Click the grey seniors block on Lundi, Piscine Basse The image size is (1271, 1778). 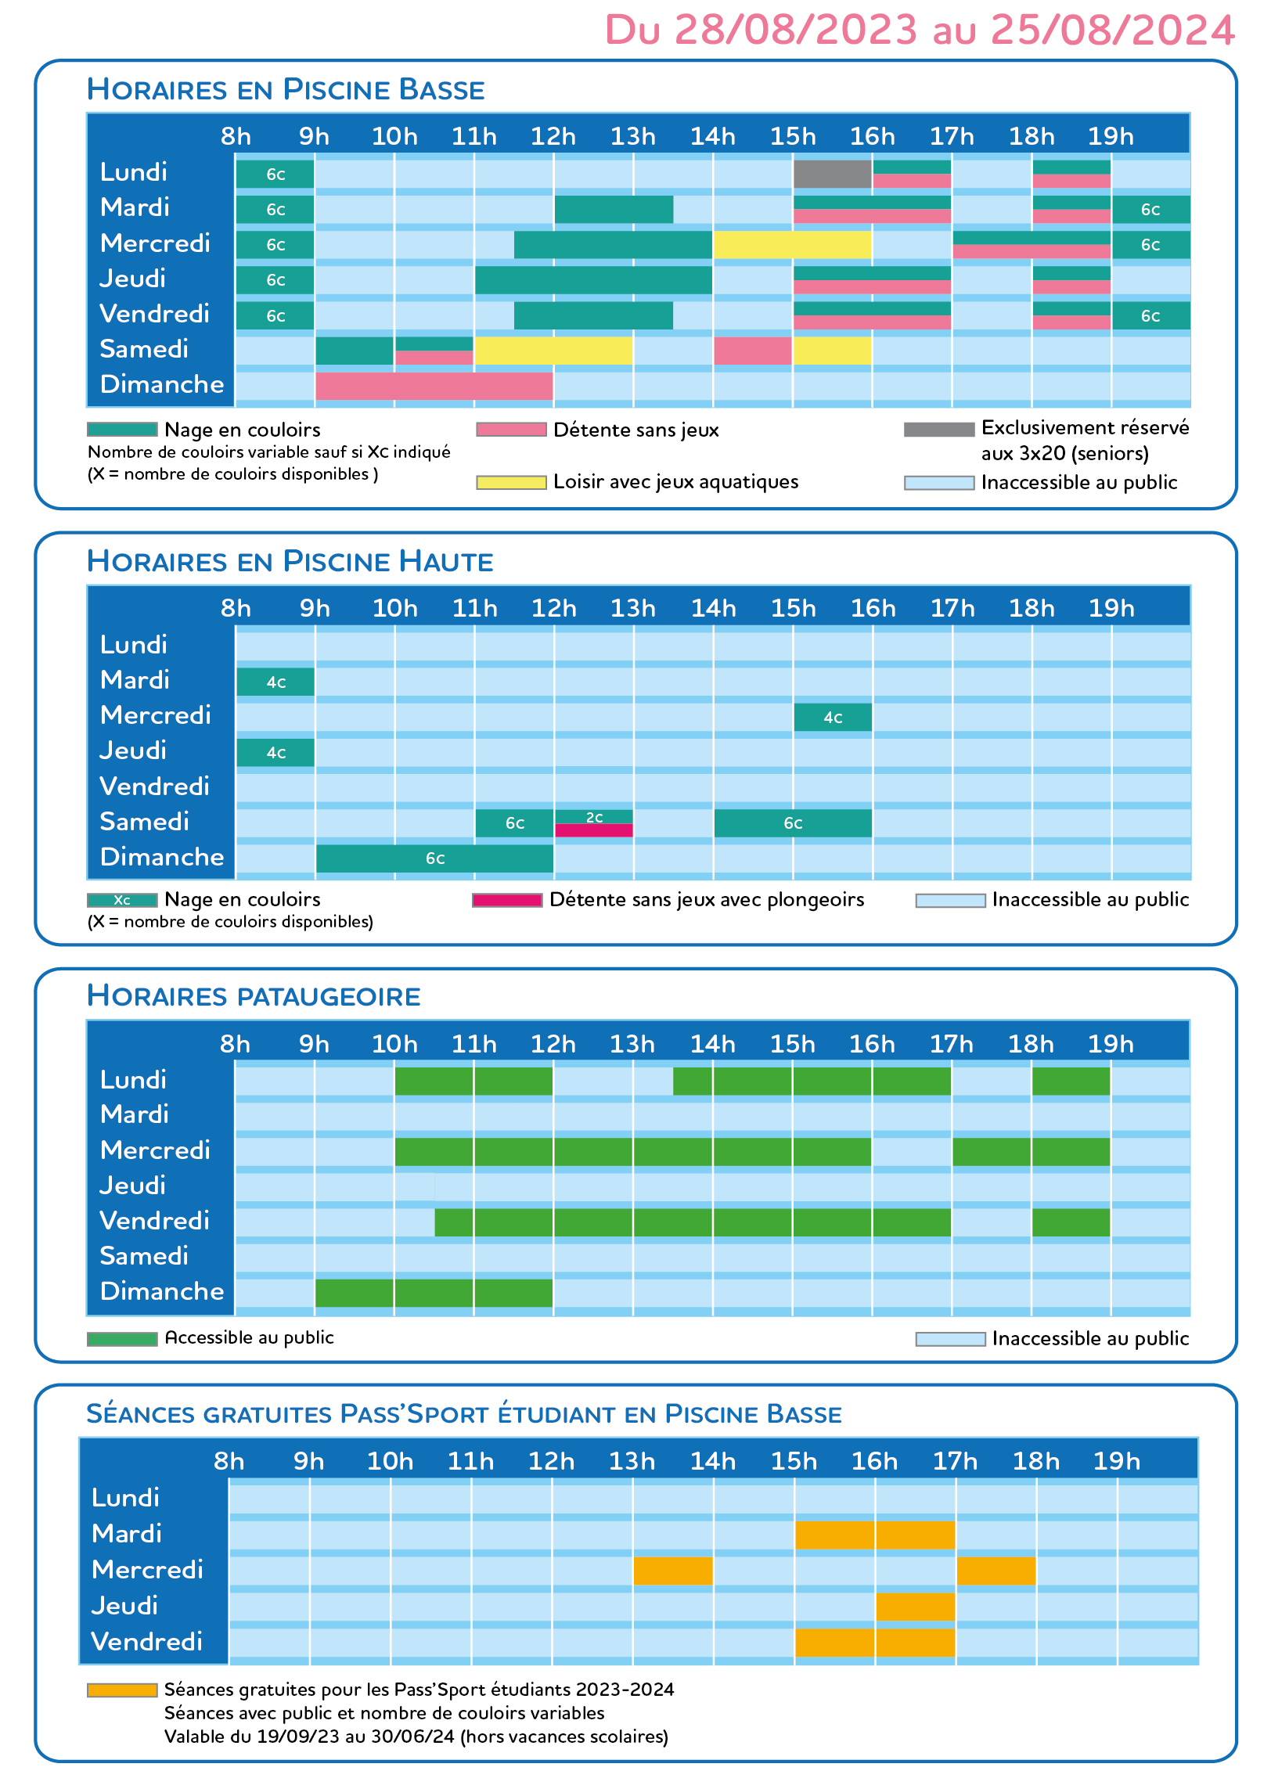coord(832,174)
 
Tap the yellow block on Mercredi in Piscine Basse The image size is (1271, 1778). coord(792,244)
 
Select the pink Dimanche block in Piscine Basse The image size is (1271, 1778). coord(434,386)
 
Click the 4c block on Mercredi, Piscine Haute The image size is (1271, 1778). coord(833,717)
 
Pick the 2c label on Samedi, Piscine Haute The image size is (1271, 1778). coord(595,817)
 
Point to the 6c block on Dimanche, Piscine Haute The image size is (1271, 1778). coord(434,858)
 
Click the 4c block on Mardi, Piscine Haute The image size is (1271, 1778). coord(275,682)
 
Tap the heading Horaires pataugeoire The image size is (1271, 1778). coord(254,995)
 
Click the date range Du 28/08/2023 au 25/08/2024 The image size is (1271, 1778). coord(920,30)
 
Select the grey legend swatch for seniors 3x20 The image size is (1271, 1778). coord(939,429)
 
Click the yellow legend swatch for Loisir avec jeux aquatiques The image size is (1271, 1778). coord(511,482)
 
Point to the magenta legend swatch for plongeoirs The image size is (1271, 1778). coord(507,900)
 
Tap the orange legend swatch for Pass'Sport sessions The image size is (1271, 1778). coord(122,1690)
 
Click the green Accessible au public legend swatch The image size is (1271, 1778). coord(122,1339)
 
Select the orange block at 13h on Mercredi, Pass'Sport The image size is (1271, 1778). coord(673,1571)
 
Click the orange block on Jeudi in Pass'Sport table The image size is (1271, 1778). coord(916,1607)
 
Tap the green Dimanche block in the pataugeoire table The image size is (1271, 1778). coord(434,1293)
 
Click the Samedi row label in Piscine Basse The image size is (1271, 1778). coord(144,349)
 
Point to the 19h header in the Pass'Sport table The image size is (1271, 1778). coord(1117,1461)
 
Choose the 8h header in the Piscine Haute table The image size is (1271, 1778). coord(236,608)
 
